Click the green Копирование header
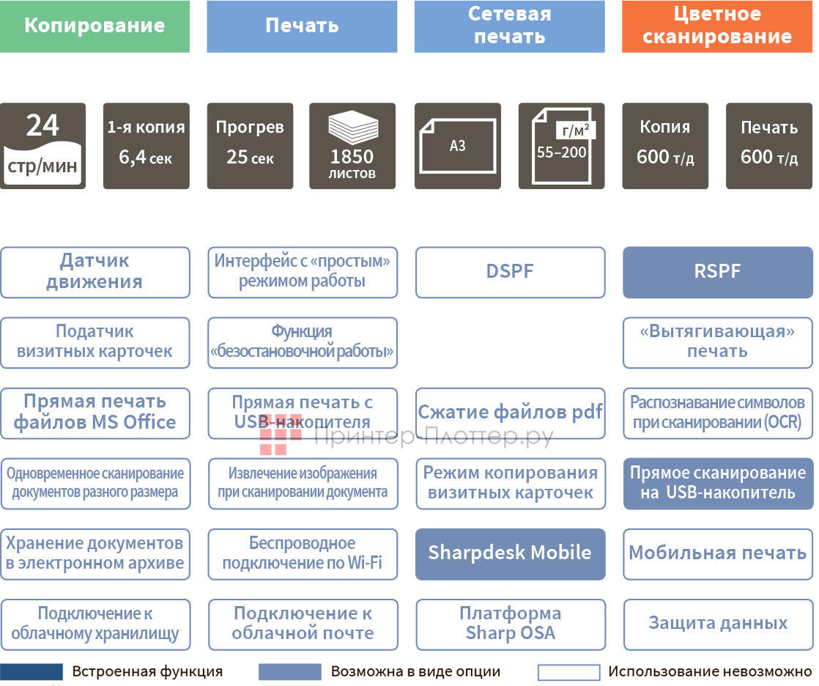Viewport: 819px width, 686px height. coord(94,26)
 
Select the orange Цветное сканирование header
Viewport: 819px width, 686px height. coord(717,26)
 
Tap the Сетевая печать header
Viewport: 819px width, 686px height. coord(509,26)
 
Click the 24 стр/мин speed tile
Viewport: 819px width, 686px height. coord(42,146)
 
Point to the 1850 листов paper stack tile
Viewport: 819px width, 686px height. coord(352,146)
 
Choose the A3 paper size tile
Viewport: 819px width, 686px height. coord(457,146)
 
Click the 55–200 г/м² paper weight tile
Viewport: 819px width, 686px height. coord(561,146)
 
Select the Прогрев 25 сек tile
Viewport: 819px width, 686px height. coord(250,146)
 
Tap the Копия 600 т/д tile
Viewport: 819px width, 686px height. coord(665,146)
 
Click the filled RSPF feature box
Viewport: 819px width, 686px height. coord(717,272)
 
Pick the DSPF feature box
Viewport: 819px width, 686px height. coord(510,272)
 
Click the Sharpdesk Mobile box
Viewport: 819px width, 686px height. coord(510,553)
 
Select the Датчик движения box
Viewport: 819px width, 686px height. coord(94,272)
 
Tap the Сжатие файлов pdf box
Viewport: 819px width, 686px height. coord(510,413)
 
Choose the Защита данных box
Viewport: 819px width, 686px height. coord(717,624)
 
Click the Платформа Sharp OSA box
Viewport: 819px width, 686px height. coord(510,624)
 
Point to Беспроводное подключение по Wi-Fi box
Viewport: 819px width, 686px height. coord(302,553)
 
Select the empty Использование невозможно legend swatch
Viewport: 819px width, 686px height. coord(568,672)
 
